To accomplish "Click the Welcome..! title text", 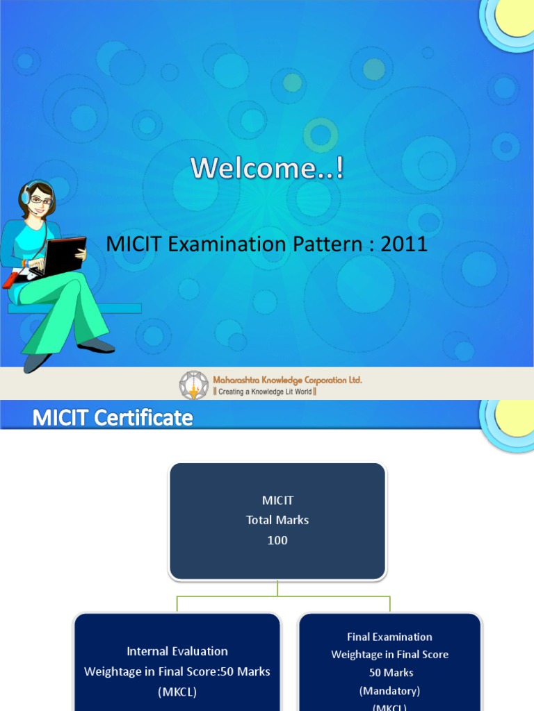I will (268, 168).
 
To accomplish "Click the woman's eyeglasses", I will (40, 201).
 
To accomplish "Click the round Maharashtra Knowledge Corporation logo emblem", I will (194, 385).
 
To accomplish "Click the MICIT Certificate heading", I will (113, 417).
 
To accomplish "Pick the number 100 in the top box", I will (277, 540).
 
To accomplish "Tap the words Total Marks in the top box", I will (277, 520).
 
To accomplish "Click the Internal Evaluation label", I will (177, 651).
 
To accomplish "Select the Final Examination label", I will (389, 637).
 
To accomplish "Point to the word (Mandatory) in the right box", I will (389, 691).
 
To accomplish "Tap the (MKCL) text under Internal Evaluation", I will (177, 692).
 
